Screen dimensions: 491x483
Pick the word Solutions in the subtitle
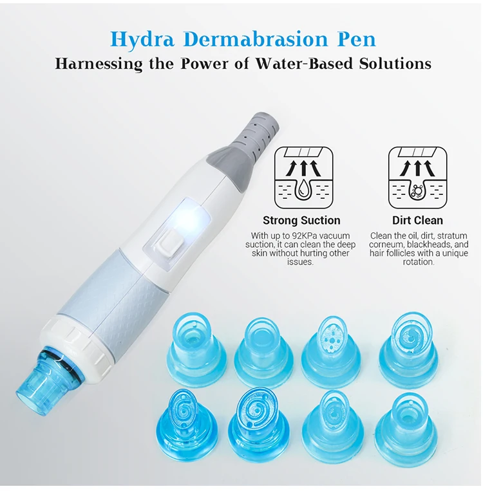(x=391, y=64)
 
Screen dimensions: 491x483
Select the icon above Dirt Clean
(x=417, y=176)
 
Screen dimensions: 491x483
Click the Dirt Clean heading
(x=417, y=221)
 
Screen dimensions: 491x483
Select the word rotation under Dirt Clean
(x=419, y=262)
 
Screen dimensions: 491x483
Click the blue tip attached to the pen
(x=35, y=380)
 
